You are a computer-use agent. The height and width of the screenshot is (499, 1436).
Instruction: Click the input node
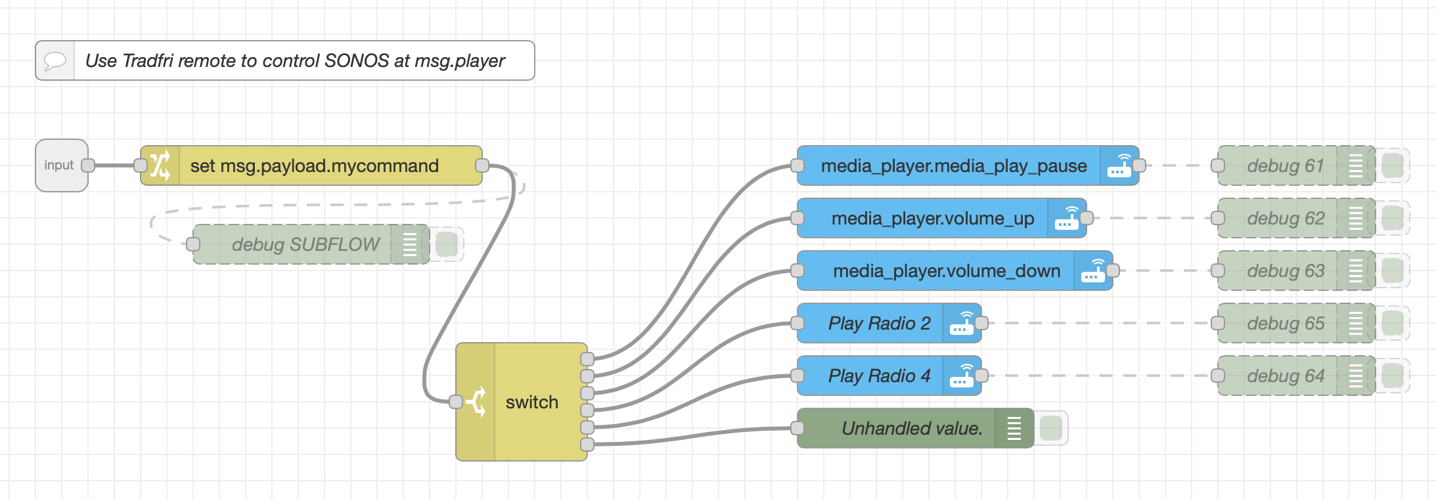tap(59, 165)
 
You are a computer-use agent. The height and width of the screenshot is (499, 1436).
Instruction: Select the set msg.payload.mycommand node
tap(314, 165)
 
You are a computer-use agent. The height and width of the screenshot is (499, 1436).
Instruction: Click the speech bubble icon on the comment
tap(55, 61)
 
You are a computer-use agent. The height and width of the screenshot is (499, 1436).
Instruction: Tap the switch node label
tap(531, 402)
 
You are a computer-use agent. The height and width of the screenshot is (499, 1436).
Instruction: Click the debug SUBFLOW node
tap(305, 244)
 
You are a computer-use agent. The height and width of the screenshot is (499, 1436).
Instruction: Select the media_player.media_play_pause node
tap(953, 165)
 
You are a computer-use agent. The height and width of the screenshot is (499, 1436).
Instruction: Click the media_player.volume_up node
tap(932, 218)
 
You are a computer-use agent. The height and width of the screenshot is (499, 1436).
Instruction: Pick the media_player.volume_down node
tap(946, 271)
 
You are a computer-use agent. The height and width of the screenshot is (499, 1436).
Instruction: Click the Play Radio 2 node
tap(878, 323)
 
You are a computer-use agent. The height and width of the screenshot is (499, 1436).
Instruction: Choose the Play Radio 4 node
tap(878, 376)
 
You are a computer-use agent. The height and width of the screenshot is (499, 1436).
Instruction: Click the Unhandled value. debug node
tap(912, 428)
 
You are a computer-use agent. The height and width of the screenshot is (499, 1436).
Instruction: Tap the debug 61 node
tap(1285, 165)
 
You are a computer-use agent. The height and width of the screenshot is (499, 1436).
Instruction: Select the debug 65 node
tap(1285, 323)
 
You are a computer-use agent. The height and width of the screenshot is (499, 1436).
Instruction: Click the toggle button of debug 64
tap(1392, 376)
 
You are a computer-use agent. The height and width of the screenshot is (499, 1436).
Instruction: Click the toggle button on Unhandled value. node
tap(1051, 428)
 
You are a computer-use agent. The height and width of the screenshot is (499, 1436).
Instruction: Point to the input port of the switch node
tap(455, 402)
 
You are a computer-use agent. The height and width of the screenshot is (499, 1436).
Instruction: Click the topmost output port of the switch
tap(587, 359)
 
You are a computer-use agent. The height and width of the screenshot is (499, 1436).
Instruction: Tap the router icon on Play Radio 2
tap(962, 323)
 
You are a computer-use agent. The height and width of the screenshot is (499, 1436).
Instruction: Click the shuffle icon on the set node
tap(160, 165)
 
